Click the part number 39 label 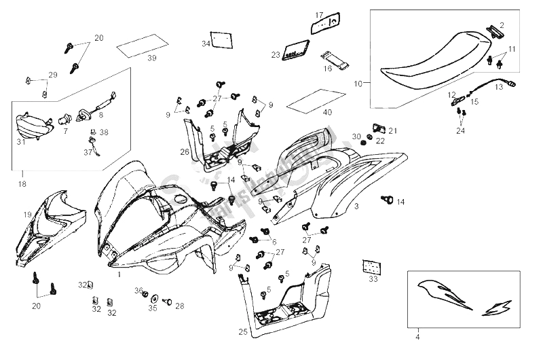pyautogui.click(x=151, y=58)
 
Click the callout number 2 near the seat pyautogui.click(x=502, y=25)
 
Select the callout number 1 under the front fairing pyautogui.click(x=119, y=275)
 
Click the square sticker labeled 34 pyautogui.click(x=217, y=39)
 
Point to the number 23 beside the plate pyautogui.click(x=276, y=54)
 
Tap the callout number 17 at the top pyautogui.click(x=320, y=14)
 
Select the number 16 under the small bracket pyautogui.click(x=327, y=69)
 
